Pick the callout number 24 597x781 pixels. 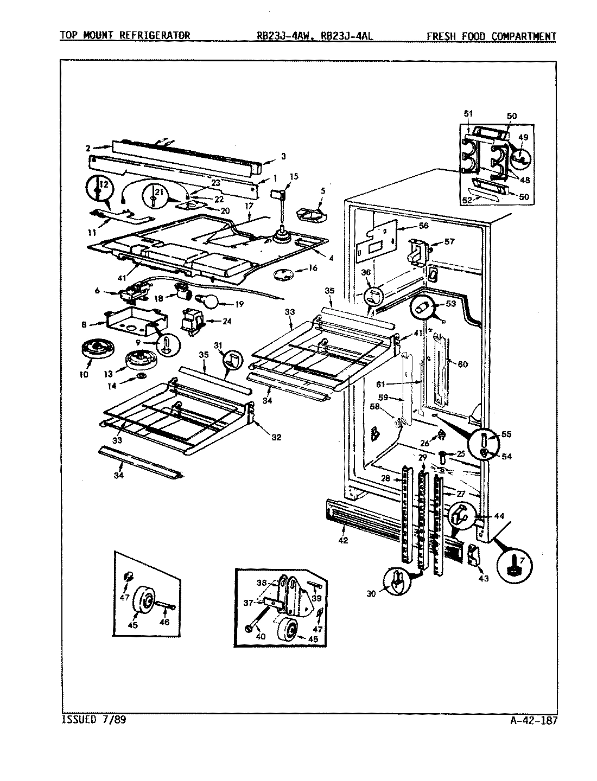[x=227, y=321]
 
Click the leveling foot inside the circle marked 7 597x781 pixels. [x=513, y=569]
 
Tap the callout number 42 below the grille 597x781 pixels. [x=343, y=540]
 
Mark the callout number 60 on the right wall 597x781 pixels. [x=462, y=364]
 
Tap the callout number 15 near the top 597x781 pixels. [x=294, y=176]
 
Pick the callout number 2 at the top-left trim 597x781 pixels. [x=88, y=148]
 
